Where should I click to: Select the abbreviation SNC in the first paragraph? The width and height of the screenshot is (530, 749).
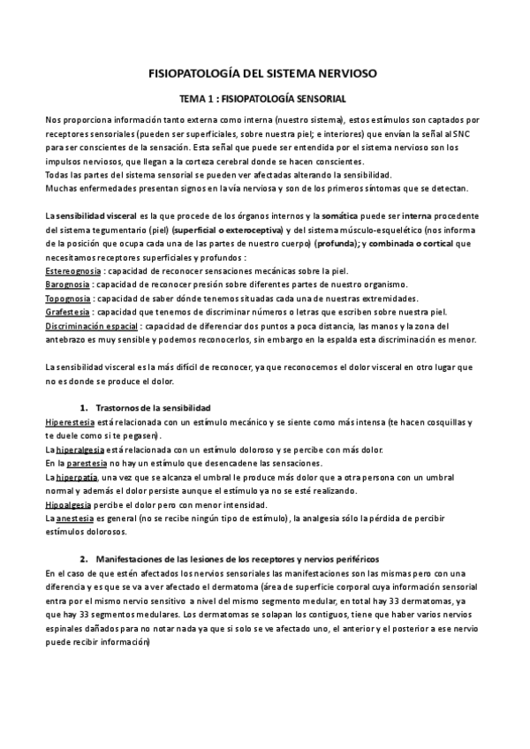coord(463,132)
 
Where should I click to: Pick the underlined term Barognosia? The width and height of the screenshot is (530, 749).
coord(67,284)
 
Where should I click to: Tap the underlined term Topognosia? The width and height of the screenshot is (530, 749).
coord(68,299)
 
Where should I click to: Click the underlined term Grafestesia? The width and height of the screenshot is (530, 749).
coord(67,313)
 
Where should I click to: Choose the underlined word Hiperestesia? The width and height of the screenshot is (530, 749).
coord(71,422)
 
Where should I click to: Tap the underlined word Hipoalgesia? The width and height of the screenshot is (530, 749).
coord(69,504)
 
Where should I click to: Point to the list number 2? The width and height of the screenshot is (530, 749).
coord(83,559)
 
